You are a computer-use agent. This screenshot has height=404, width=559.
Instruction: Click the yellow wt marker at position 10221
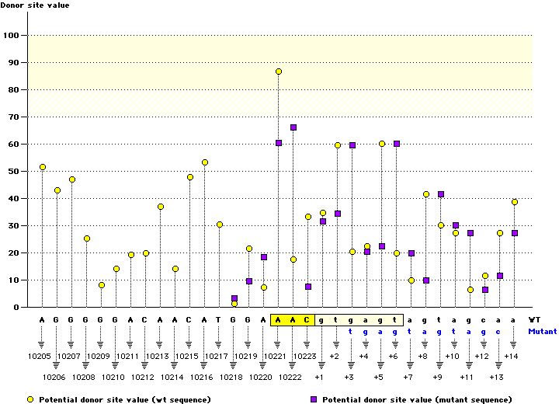(279, 71)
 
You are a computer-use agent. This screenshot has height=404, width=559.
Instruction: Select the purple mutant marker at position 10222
(293, 127)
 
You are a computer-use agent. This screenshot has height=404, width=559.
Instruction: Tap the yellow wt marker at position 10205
(43, 167)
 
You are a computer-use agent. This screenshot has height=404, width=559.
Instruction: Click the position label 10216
(201, 377)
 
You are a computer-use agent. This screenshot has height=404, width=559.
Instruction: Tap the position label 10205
(38, 356)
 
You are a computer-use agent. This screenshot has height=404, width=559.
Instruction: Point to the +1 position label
(319, 377)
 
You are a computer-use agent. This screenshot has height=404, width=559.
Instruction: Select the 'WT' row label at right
(534, 319)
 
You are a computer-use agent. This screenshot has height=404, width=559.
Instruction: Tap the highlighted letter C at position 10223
(307, 319)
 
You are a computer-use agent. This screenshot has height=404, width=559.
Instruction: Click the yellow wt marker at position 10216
(205, 162)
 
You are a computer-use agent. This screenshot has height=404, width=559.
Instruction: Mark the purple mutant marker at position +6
(397, 144)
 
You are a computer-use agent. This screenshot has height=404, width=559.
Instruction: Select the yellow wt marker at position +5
(382, 144)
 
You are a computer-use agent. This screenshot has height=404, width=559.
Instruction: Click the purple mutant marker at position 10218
(234, 298)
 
